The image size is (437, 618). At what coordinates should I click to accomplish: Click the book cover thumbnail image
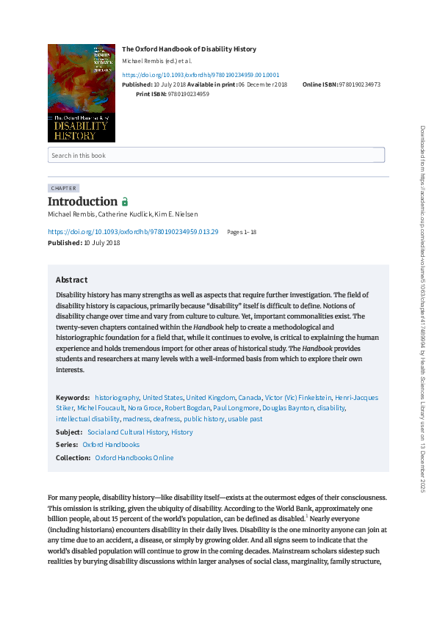tap(81, 92)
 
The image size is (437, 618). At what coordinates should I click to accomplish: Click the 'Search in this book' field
tap(216, 155)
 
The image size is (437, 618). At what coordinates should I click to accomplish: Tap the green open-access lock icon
tap(125, 202)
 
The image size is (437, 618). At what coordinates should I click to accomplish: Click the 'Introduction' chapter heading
tap(82, 201)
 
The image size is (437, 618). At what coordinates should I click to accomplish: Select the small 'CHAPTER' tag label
tap(63, 188)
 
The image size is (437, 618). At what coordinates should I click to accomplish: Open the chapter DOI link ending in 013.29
tap(133, 231)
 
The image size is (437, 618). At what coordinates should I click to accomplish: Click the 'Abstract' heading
tap(71, 280)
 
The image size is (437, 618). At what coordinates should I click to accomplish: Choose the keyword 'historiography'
tap(117, 397)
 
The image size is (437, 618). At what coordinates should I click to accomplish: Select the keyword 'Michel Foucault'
tap(100, 407)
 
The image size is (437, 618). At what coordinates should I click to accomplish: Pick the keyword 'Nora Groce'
tap(145, 407)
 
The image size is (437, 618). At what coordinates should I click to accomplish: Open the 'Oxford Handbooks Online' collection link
tap(134, 457)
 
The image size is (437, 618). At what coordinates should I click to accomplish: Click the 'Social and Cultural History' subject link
tap(127, 432)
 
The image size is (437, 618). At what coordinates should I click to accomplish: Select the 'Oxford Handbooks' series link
tap(110, 445)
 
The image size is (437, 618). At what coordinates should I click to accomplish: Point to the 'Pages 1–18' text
tap(242, 232)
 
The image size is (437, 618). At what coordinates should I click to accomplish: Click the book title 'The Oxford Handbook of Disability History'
tap(189, 49)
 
